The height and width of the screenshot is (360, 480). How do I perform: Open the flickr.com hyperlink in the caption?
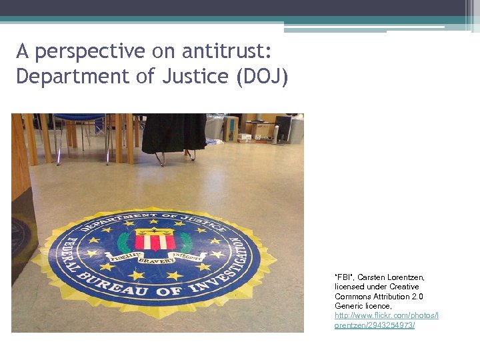click(386, 320)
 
